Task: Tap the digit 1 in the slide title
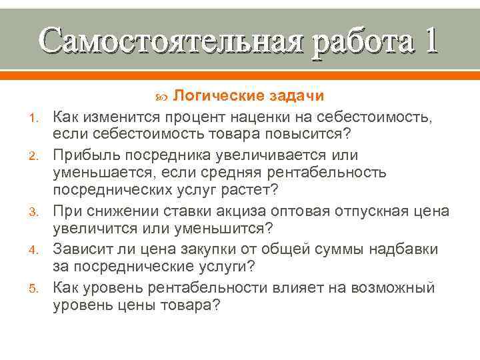(427, 40)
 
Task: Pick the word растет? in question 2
(249, 192)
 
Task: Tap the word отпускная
(374, 211)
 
